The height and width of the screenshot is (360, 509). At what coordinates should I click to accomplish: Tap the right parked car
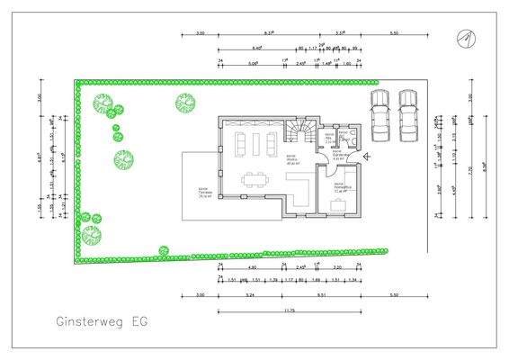pyautogui.click(x=408, y=114)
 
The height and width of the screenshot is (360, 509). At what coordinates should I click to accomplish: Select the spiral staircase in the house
pyautogui.click(x=299, y=134)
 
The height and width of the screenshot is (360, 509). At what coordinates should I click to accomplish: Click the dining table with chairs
pyautogui.click(x=254, y=179)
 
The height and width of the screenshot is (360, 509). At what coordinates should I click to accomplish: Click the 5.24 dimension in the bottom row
pyautogui.click(x=249, y=296)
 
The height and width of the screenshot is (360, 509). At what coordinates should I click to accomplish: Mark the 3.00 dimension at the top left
pyautogui.click(x=200, y=33)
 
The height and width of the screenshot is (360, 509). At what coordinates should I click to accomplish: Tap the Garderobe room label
pyautogui.click(x=340, y=157)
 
